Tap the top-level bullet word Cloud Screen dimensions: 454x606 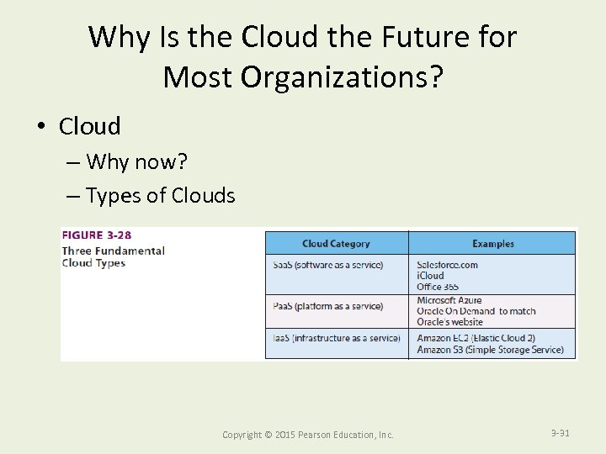tap(89, 126)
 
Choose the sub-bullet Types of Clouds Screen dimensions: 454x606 tap(160, 196)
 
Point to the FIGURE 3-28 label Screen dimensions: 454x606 tap(96, 235)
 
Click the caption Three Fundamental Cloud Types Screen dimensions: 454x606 tap(113, 256)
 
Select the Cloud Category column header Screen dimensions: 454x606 tap(336, 244)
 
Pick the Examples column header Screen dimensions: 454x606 tap(492, 244)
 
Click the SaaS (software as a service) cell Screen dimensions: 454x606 tap(328, 265)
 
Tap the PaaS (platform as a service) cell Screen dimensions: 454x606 tap(328, 306)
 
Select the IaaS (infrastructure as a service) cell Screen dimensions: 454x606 tap(337, 338)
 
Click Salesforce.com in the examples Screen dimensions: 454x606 tap(447, 265)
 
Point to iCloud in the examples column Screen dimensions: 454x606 tap(430, 276)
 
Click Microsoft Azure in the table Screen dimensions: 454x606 tap(449, 300)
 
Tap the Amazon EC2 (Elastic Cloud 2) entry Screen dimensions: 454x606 tap(476, 338)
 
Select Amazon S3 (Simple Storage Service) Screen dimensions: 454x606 tap(490, 350)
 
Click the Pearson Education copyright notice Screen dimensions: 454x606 tap(307, 435)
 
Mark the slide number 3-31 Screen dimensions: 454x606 tap(560, 433)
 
